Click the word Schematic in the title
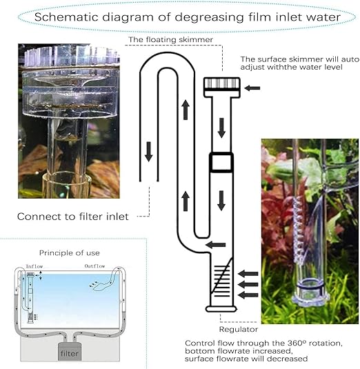tap(66, 17)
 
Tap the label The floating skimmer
tap(170, 39)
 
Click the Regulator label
tap(239, 329)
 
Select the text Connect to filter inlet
tap(73, 217)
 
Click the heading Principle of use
tap(70, 253)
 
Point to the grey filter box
tap(70, 352)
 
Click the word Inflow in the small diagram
tap(34, 266)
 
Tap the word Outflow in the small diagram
tap(94, 266)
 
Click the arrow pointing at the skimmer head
tap(252, 88)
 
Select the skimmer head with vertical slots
tap(222, 87)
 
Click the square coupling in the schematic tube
tap(221, 162)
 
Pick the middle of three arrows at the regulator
tap(248, 285)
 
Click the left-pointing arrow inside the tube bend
tap(216, 245)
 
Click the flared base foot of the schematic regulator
tap(221, 309)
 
